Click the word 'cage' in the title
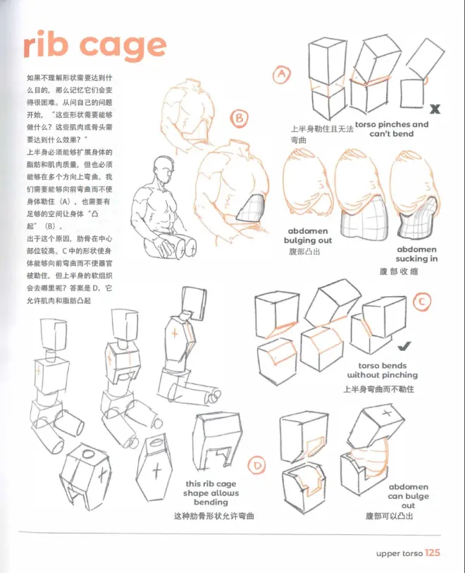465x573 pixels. [x=123, y=47]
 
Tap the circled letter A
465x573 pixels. [x=282, y=75]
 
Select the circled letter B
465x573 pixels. [x=240, y=118]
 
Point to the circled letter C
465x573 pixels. [x=422, y=302]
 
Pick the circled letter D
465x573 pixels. [x=257, y=465]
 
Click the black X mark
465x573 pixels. [x=435, y=109]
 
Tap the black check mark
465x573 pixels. [x=404, y=346]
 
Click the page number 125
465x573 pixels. [x=433, y=553]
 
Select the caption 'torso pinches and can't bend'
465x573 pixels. [x=392, y=129]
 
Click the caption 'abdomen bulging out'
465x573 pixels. [x=308, y=235]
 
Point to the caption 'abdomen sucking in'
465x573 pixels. [x=416, y=254]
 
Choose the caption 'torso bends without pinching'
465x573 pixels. [x=382, y=370]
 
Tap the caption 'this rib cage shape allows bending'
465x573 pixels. [x=211, y=493]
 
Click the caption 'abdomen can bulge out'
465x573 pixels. [x=409, y=496]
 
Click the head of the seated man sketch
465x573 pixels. [x=162, y=171]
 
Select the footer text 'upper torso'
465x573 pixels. [x=399, y=554]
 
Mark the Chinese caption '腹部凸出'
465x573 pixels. [x=304, y=252]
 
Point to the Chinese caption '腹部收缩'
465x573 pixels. [x=399, y=271]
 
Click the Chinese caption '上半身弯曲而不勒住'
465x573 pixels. [x=378, y=389]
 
